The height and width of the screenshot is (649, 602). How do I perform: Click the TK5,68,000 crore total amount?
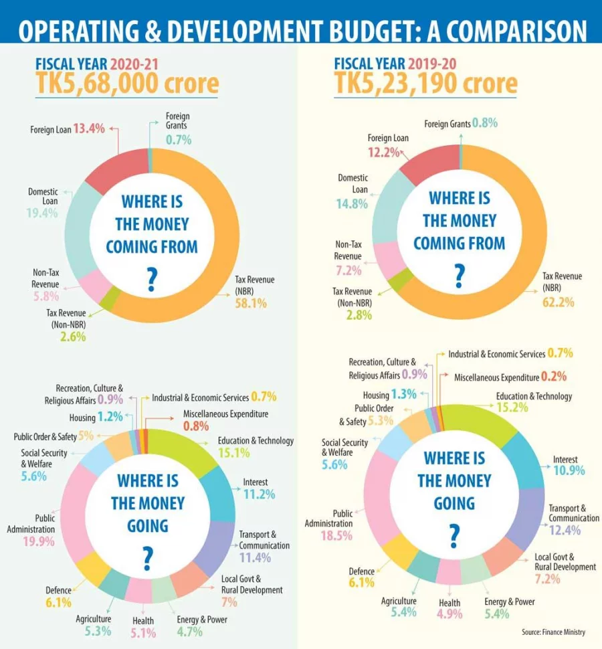pos(127,84)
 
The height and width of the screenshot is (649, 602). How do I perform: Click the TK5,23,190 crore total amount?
pos(426,84)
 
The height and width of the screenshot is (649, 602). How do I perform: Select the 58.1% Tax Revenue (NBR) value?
pos(251,303)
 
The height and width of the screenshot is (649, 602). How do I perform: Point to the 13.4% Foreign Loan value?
pos(90,128)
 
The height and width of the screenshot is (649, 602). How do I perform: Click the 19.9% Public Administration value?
pos(39,541)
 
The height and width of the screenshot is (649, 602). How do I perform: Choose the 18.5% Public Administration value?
pos(337,536)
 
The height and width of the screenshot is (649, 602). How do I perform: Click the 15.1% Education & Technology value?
pos(233,453)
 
